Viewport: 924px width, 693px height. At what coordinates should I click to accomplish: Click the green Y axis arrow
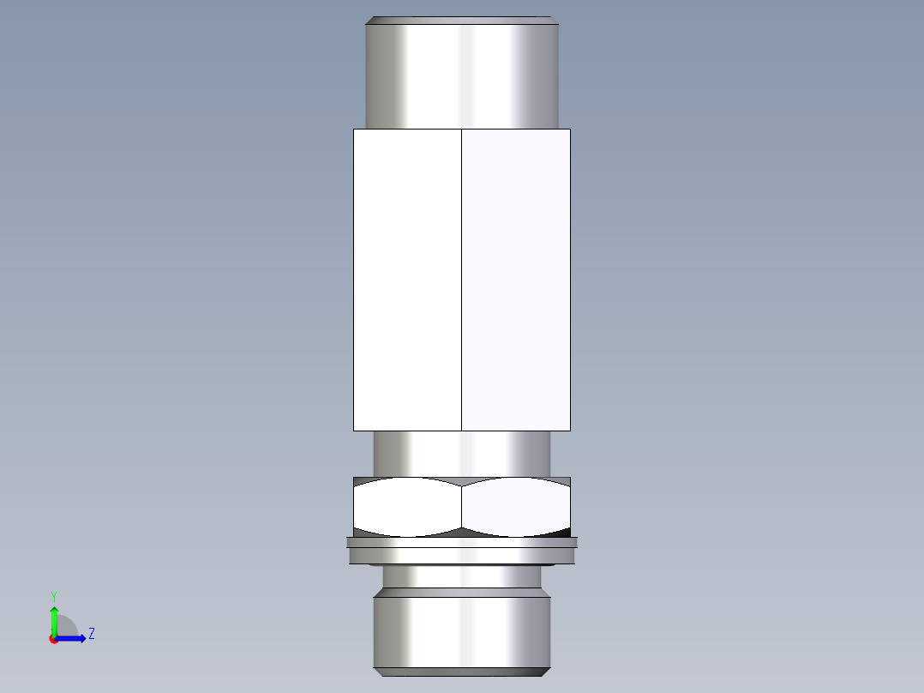[54, 619]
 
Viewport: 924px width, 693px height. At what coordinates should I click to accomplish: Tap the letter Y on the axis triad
[53, 595]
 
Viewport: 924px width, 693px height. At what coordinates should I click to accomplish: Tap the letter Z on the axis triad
[91, 634]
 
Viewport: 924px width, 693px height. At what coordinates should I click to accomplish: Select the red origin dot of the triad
[54, 639]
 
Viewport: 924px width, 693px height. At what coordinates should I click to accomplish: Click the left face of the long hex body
[407, 279]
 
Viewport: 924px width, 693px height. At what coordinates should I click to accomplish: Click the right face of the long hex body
[516, 279]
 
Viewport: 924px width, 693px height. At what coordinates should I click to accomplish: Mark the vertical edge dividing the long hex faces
[462, 279]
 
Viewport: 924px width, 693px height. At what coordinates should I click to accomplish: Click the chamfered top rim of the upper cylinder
[462, 20]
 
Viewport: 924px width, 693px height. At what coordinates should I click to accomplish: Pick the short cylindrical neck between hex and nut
[462, 453]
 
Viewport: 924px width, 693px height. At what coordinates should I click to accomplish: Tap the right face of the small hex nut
[516, 508]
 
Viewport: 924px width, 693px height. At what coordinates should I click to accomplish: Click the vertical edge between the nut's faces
[462, 508]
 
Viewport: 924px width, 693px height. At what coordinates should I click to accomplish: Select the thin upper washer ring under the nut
[462, 542]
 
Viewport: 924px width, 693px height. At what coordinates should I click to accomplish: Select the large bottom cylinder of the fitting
[462, 630]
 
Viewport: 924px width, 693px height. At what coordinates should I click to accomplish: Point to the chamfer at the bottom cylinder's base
[462, 671]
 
